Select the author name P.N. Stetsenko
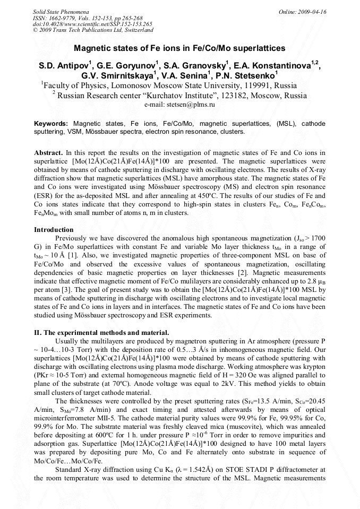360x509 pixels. click(247, 76)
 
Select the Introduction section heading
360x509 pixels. click(54, 230)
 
